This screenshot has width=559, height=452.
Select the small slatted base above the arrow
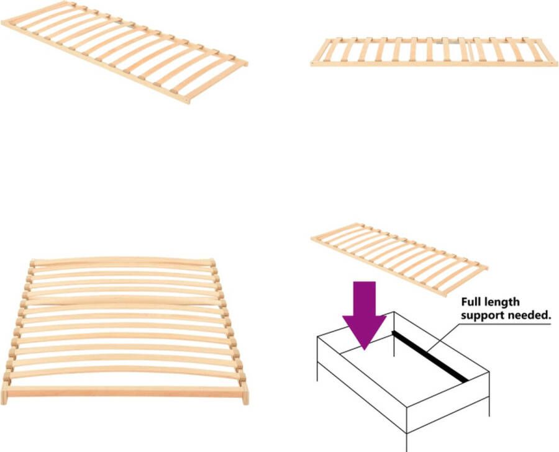click(399, 257)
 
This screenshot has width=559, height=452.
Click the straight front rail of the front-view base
click(124, 392)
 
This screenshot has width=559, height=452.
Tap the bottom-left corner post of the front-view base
click(5, 393)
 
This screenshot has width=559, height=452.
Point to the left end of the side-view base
click(314, 61)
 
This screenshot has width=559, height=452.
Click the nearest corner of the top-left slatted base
click(186, 99)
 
